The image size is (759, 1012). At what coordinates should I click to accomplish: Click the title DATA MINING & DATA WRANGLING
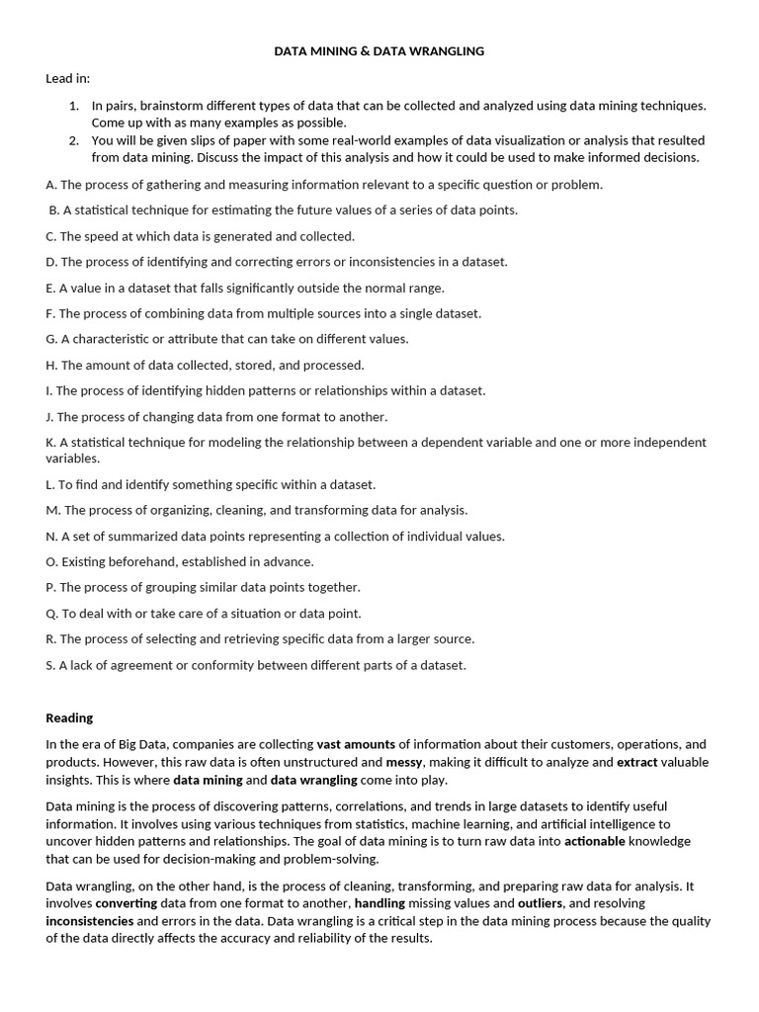coord(379,51)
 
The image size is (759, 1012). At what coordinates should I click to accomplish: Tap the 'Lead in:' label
coord(67,78)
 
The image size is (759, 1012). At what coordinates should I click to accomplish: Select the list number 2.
coord(74,140)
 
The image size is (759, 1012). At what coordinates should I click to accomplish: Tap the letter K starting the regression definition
coord(50,442)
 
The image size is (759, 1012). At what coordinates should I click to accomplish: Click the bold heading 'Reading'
coord(69,718)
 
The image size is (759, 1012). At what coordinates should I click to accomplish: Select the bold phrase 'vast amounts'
coord(356,744)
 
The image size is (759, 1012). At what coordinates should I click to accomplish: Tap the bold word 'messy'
coord(404,762)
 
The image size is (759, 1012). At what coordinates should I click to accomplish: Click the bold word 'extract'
coord(636,762)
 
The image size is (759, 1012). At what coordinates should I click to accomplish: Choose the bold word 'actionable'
coord(595,841)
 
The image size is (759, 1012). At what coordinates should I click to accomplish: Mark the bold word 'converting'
coord(126,903)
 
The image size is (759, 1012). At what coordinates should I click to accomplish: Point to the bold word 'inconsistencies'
coord(90,921)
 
